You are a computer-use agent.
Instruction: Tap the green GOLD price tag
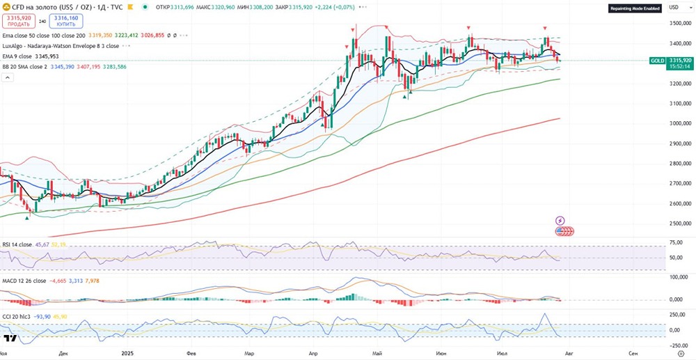(x=656, y=61)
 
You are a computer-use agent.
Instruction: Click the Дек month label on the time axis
(x=64, y=354)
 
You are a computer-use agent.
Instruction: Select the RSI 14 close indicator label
(x=17, y=244)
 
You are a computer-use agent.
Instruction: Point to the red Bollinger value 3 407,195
(x=90, y=67)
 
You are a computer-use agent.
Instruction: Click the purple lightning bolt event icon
(x=560, y=221)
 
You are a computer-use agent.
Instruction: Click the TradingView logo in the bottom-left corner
(x=10, y=339)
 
